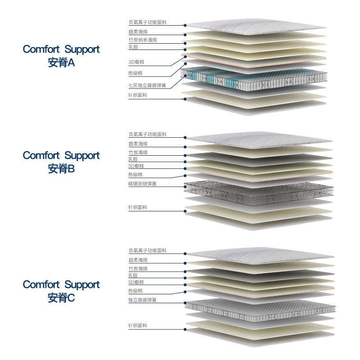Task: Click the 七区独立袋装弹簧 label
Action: coord(147,85)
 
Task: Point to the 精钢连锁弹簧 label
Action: coord(142,184)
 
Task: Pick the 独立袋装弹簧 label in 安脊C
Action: coord(142,299)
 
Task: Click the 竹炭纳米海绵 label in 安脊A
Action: coord(143,40)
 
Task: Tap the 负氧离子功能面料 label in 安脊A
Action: coord(147,22)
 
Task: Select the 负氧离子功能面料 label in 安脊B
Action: coord(147,134)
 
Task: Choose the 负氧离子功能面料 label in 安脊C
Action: coord(147,250)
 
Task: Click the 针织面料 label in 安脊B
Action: coord(138,207)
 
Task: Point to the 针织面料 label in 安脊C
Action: coord(138,325)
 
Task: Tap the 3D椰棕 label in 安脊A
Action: coord(135,62)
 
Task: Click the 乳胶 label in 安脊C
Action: coord(133,275)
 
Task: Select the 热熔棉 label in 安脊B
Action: coord(135,175)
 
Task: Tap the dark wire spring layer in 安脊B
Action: coord(259,189)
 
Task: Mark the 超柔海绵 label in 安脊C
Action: coord(138,260)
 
